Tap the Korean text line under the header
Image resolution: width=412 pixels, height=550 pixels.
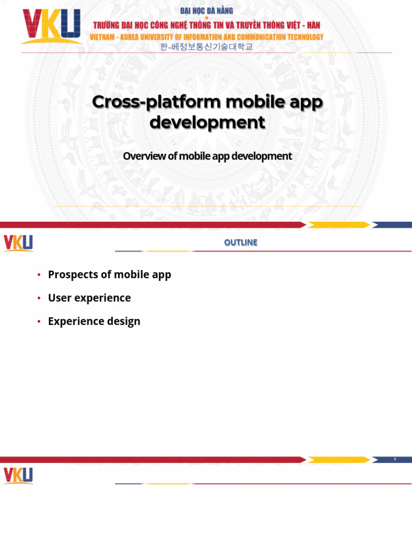(x=206, y=47)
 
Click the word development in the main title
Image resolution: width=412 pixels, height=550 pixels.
(x=207, y=122)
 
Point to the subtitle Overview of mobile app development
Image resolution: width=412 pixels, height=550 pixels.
(x=207, y=156)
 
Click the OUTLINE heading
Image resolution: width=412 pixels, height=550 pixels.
(x=240, y=243)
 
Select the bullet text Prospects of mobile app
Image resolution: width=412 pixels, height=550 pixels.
(x=109, y=274)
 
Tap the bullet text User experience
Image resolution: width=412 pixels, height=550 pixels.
(x=89, y=298)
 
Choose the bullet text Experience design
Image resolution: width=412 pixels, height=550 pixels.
(x=94, y=321)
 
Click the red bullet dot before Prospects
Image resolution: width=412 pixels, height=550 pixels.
(x=39, y=275)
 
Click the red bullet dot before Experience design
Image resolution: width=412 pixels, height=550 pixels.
(x=39, y=322)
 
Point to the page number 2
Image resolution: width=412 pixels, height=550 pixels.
(x=394, y=459)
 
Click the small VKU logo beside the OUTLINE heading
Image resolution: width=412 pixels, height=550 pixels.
(x=18, y=243)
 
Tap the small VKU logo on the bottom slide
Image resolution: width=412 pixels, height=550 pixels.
(x=18, y=476)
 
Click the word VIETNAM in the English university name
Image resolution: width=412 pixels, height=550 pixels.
(x=104, y=37)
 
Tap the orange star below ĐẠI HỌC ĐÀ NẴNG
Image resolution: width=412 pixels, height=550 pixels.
(x=207, y=18)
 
